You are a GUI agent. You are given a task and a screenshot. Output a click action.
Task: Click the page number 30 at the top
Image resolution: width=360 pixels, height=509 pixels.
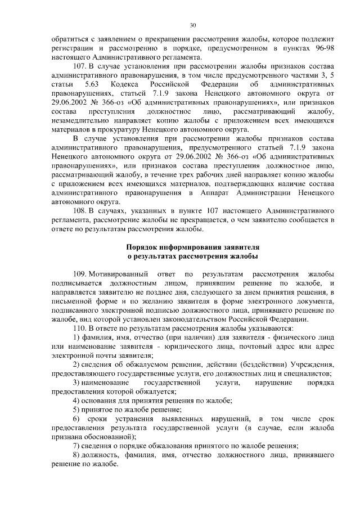(192, 25)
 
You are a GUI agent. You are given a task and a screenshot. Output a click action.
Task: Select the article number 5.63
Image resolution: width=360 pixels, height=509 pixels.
(92, 84)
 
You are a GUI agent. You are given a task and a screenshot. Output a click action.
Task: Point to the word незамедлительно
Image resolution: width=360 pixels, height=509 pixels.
(80, 120)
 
